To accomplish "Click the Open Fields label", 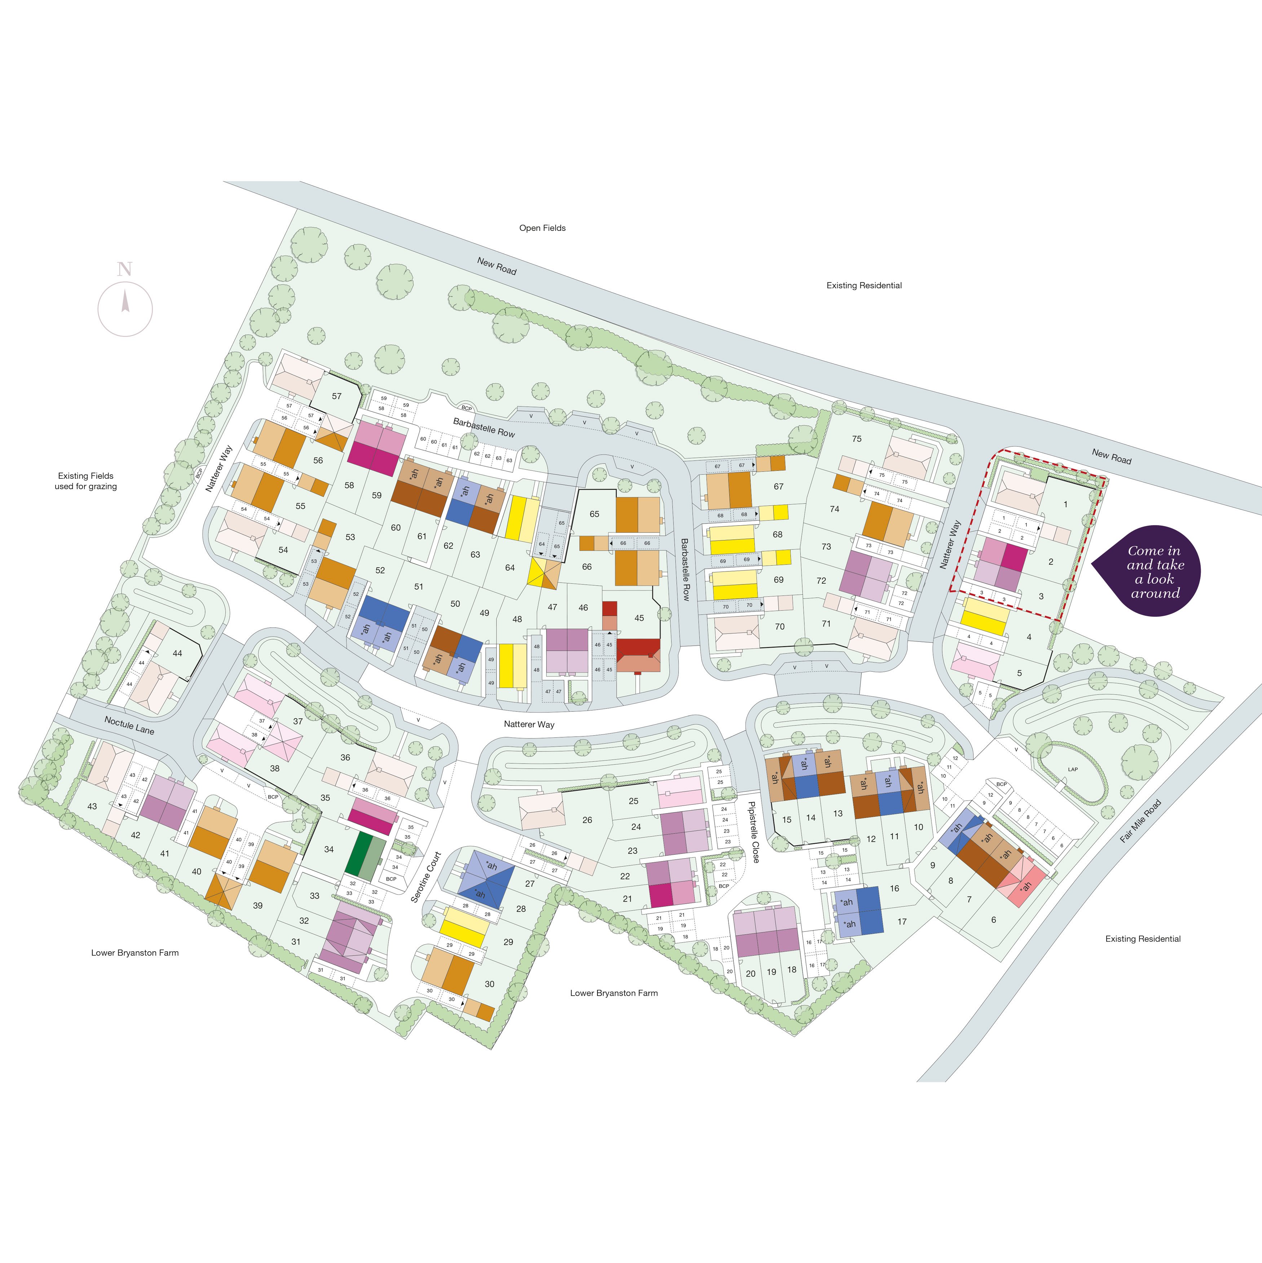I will [x=542, y=228].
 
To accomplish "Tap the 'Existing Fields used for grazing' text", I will [x=85, y=481].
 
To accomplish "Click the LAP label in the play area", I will [x=1072, y=769].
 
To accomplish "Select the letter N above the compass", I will [x=124, y=269].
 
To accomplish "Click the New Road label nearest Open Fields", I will [x=497, y=266].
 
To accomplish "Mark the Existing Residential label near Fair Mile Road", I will [x=1142, y=939].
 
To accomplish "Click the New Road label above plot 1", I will [x=1111, y=456].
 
